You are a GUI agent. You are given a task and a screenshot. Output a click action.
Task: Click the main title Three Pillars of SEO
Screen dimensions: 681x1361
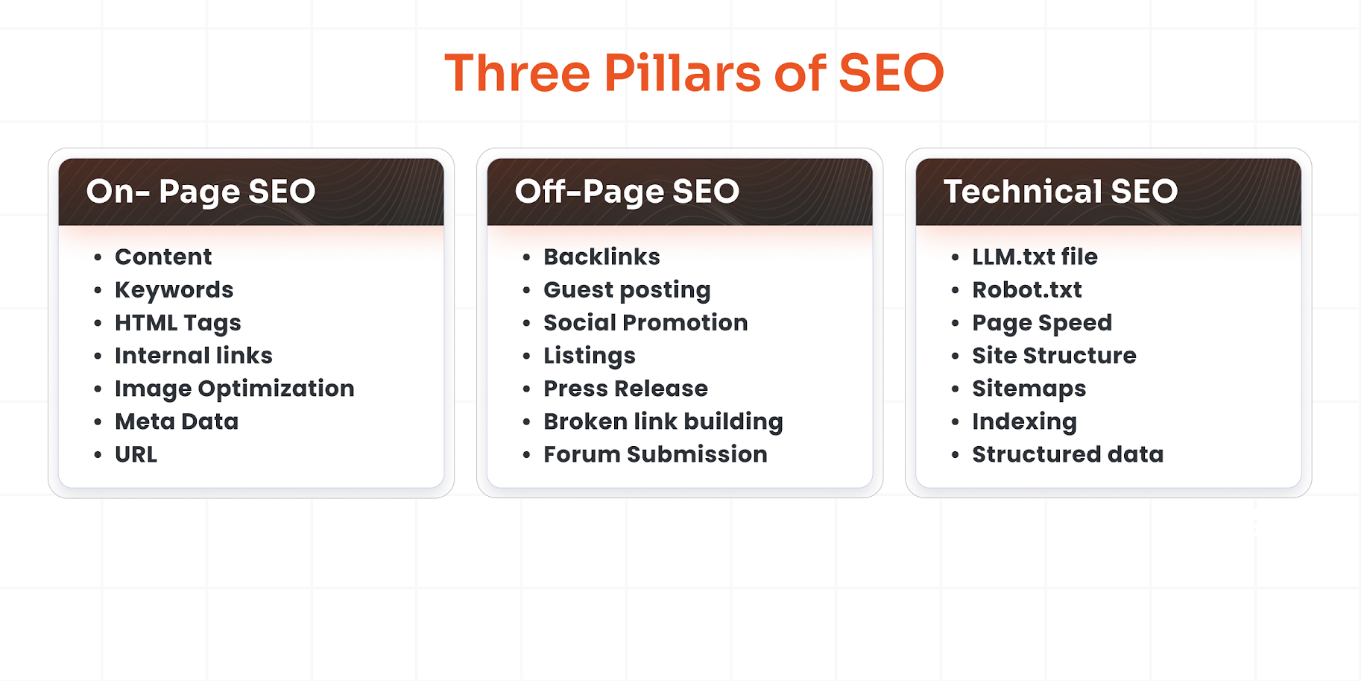tap(694, 73)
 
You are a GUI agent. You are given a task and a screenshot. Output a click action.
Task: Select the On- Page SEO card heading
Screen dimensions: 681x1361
tap(200, 192)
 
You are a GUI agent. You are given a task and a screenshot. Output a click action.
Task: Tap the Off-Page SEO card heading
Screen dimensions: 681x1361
tap(627, 192)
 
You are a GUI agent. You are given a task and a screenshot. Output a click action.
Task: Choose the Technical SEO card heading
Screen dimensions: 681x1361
tap(1060, 192)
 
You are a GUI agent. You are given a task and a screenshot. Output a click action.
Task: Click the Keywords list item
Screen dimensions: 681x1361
tap(174, 290)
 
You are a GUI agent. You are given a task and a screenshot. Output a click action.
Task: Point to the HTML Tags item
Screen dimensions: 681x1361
tap(177, 323)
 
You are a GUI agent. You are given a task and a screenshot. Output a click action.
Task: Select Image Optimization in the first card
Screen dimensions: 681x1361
tap(234, 389)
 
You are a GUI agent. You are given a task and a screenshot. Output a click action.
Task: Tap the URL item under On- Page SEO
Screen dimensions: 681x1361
tap(136, 454)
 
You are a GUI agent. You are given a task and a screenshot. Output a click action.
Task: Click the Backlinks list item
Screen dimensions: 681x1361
tap(601, 257)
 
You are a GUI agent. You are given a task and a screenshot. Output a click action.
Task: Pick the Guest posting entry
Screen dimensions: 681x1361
tap(627, 290)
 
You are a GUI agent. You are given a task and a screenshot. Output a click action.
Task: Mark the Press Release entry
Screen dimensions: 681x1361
tap(625, 389)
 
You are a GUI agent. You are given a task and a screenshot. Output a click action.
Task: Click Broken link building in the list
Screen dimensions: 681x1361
tap(663, 421)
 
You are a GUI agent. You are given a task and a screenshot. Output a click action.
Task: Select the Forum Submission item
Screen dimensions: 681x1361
tap(655, 454)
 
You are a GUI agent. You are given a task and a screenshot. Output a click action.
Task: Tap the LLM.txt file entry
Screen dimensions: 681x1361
tap(1035, 257)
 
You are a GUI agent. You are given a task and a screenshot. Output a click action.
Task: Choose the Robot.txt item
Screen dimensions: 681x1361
tap(1026, 290)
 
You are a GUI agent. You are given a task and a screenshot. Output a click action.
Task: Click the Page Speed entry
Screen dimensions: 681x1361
tap(1041, 323)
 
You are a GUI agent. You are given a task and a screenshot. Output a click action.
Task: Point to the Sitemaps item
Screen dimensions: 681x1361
tap(1029, 389)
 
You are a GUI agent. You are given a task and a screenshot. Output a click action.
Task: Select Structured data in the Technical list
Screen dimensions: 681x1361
tap(1067, 454)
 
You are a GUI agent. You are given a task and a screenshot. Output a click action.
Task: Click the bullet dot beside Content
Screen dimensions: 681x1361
tap(98, 257)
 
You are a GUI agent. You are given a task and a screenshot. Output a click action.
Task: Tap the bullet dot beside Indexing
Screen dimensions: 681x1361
tap(955, 422)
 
